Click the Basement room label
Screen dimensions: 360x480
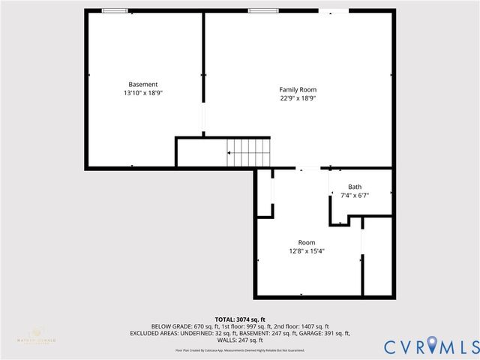[142, 85]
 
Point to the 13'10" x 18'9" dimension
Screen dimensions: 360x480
[142, 93]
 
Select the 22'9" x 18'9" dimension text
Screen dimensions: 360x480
[298, 98]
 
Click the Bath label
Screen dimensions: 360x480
[355, 187]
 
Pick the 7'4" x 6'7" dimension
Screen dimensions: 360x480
[355, 195]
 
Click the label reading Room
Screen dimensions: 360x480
[307, 242]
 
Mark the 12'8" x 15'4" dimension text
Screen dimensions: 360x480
[307, 251]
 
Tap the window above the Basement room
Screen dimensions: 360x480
[114, 10]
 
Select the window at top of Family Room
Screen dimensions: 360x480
[259, 10]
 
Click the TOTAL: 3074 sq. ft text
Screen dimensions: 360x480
[240, 319]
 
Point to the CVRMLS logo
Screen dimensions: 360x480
[431, 346]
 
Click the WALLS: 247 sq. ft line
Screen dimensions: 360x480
[240, 340]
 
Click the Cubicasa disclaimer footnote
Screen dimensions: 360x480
[240, 350]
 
